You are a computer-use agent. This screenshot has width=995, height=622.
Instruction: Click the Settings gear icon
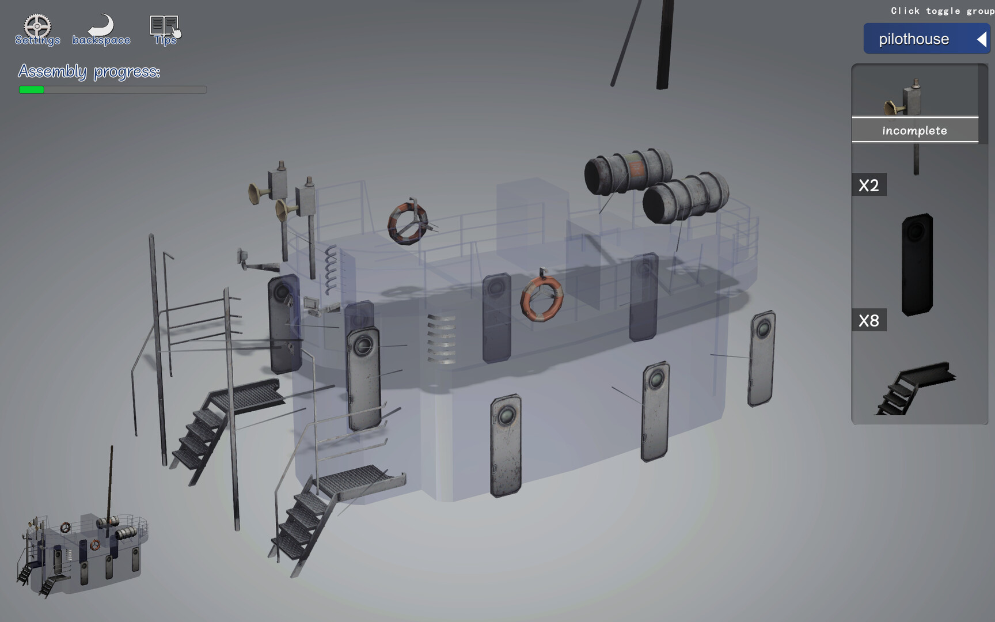pos(37,26)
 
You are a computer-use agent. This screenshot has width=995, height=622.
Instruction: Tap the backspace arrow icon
pos(102,27)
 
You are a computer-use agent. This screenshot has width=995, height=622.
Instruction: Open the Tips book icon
pos(165,26)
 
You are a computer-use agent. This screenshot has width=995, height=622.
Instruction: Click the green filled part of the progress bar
pos(32,90)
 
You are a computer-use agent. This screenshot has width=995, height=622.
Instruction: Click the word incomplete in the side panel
pos(914,131)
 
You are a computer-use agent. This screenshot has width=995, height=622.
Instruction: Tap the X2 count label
pos(869,185)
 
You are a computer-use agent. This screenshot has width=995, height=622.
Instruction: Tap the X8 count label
pos(869,320)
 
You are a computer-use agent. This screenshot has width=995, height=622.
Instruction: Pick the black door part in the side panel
pos(917,264)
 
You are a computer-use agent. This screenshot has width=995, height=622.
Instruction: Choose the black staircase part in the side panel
pos(916,387)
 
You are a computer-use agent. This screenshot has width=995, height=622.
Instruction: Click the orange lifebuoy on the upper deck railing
pos(408,223)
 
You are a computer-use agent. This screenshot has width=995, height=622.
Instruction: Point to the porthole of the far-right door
pos(764,329)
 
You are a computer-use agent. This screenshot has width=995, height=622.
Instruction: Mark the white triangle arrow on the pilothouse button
pos(982,39)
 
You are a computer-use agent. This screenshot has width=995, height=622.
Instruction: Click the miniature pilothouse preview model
pos(83,553)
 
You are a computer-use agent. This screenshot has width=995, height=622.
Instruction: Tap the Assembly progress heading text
pos(89,71)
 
